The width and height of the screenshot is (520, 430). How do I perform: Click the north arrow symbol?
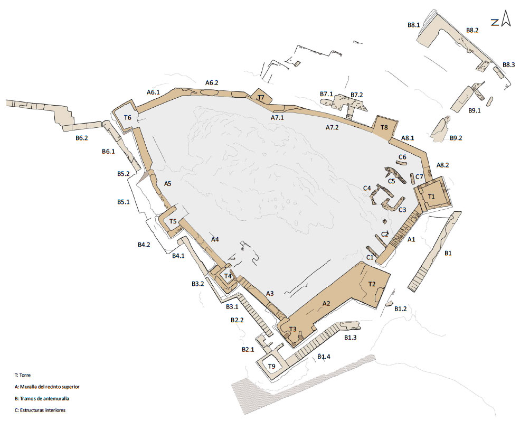(506, 18)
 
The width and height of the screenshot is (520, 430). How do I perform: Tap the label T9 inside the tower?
(271, 366)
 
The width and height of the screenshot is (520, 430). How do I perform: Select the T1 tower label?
(431, 197)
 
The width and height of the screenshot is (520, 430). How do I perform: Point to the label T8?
(384, 127)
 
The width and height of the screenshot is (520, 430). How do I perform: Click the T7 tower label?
(261, 98)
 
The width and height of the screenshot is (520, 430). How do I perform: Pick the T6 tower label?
(128, 117)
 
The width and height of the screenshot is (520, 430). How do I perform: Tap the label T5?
(173, 221)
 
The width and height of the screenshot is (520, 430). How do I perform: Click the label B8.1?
(413, 24)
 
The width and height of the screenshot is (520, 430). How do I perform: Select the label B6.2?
(82, 138)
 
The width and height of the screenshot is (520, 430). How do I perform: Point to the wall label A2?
(326, 303)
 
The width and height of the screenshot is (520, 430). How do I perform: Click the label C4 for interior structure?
(367, 188)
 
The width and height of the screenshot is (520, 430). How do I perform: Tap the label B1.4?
(324, 357)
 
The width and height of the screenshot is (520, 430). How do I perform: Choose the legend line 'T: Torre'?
(23, 375)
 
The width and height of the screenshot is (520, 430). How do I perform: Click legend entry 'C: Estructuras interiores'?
(40, 410)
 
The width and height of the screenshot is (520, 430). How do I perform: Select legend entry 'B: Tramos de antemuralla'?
(42, 398)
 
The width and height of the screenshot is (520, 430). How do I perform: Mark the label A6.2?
(212, 82)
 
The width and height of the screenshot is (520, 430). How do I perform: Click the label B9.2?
(456, 138)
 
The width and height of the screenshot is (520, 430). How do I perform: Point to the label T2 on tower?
(372, 284)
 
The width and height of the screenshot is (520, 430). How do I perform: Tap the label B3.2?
(197, 284)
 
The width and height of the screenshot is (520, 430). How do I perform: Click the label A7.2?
(332, 127)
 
